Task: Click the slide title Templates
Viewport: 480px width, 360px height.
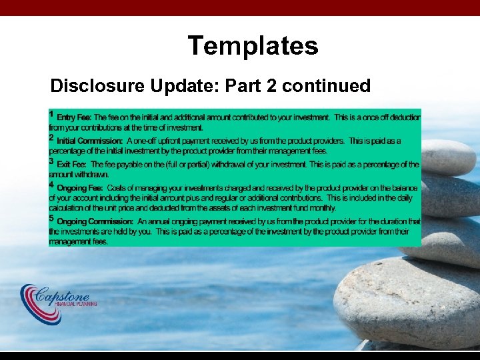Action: pos(253,46)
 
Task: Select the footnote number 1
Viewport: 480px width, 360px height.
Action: pos(52,114)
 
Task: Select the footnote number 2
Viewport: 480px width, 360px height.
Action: pos(52,137)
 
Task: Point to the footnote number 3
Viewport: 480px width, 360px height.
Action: pos(52,161)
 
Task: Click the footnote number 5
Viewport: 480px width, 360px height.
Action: pos(52,217)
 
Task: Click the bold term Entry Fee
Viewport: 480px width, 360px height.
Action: pos(74,117)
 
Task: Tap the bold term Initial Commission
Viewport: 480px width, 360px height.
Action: pos(89,141)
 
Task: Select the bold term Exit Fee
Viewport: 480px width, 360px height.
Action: pos(72,165)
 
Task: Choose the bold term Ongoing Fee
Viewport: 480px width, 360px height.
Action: pos(79,189)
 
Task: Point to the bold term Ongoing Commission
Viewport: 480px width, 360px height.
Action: pos(95,221)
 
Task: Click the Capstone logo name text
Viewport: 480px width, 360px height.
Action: pos(70,293)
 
